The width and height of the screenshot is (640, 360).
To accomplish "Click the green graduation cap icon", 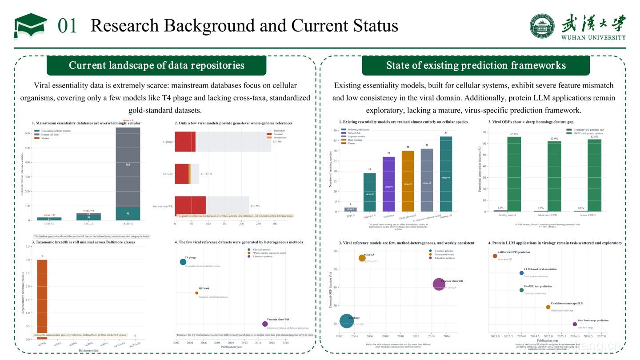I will coord(30,26).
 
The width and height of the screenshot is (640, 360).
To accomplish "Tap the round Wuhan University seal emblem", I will coord(542,25).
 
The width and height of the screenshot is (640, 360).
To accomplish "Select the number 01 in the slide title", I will coord(68,26).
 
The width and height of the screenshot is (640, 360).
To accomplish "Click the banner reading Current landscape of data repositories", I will coord(156,66).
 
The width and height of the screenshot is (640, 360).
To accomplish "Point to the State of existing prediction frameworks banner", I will coord(476,66).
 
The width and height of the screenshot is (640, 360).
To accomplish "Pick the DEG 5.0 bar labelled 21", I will coord(49,219).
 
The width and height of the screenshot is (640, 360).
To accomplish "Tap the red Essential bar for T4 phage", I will coord(185,141).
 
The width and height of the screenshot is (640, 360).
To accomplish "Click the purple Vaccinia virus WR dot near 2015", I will coord(265,324).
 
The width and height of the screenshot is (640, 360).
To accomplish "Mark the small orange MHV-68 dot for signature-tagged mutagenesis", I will coord(196,293).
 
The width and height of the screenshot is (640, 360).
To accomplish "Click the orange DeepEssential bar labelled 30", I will coord(408,181).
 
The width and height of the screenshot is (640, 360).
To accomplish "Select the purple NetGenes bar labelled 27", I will coord(388,184).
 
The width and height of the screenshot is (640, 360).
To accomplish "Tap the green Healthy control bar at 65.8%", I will coord(514,174).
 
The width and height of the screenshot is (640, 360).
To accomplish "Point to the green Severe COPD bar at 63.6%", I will coord(594,176).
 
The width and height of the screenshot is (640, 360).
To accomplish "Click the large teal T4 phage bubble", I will coord(347,321).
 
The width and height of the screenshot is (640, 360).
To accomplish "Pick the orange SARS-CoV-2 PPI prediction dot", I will coord(495,256).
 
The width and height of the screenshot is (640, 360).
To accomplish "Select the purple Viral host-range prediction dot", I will coord(575,324).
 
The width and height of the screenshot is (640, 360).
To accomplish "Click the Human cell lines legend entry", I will coord(49,134).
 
